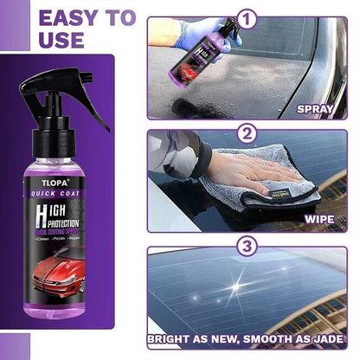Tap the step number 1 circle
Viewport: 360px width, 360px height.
[248, 16]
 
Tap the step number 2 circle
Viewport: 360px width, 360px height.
[248, 134]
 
